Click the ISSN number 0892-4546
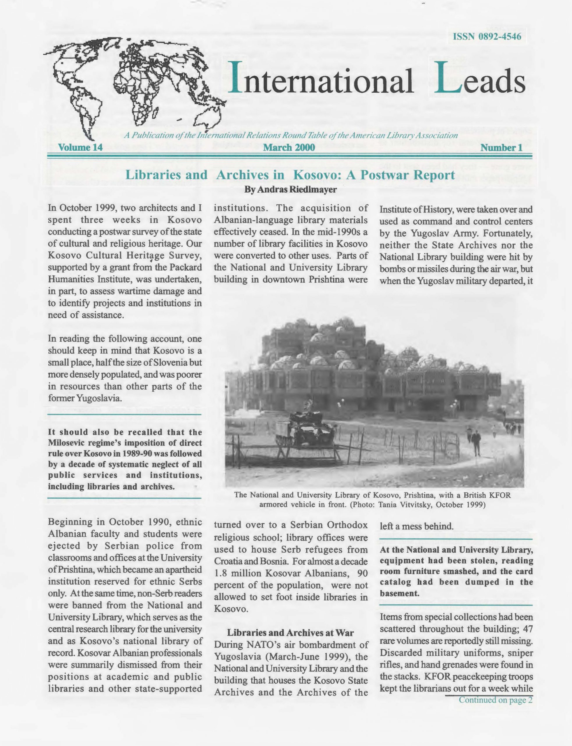pos(487,37)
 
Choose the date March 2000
pos(289,147)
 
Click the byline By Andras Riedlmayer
pos(290,190)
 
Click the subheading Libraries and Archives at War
pos(290,633)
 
